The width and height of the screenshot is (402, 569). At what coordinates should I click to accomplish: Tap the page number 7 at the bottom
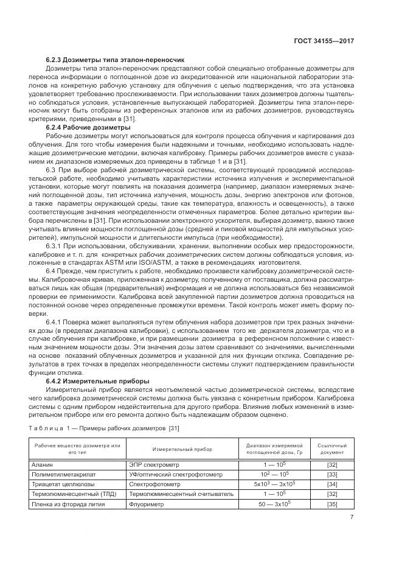click(352, 518)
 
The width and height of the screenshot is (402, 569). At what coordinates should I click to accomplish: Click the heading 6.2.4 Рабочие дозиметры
click(88, 128)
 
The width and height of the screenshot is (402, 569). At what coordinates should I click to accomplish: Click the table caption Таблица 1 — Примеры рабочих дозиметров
click(104, 428)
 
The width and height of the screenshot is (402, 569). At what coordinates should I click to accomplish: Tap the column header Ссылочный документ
click(332, 449)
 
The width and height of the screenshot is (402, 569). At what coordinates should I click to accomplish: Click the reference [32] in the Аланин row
click(332, 464)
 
